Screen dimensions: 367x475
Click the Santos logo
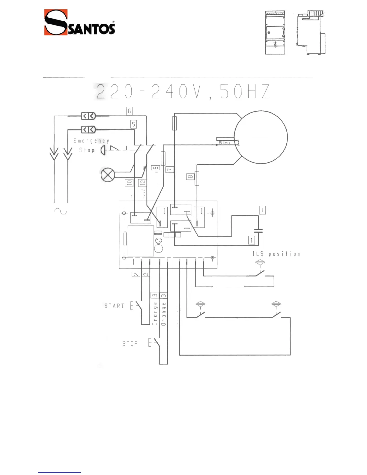point(79,22)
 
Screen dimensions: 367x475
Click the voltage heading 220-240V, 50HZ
point(182,92)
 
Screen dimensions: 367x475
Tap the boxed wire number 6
point(129,111)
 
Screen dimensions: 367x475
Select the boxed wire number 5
point(134,124)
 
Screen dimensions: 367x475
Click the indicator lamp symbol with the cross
point(108,175)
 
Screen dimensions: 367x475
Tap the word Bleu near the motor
point(224,143)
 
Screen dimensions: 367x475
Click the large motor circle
point(261,137)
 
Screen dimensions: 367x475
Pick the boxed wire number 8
point(190,177)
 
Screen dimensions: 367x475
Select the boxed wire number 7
point(170,169)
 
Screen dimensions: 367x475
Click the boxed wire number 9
point(156,168)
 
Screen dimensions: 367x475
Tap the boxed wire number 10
point(129,183)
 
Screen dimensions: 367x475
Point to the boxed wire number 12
point(142,182)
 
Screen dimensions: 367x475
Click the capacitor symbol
point(258,231)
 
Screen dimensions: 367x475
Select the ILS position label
point(276,254)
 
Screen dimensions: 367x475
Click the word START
point(114,306)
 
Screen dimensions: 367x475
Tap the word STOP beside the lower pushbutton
point(130,343)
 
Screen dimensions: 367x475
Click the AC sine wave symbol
point(60,211)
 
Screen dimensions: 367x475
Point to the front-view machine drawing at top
point(275,33)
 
